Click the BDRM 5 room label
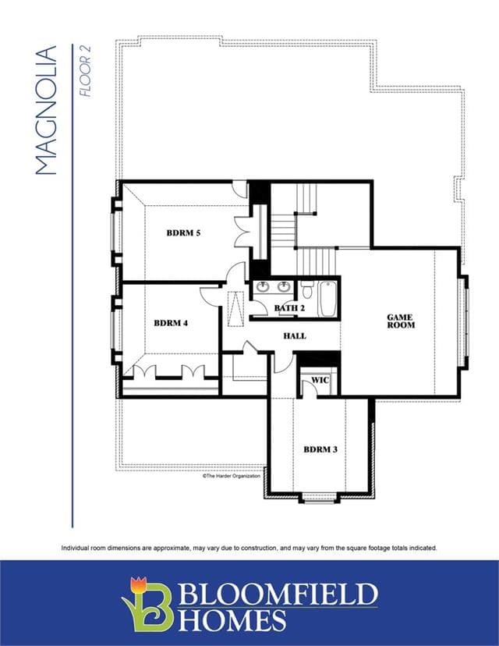pyautogui.click(x=183, y=232)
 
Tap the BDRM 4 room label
pyautogui.click(x=171, y=323)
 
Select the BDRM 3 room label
pyautogui.click(x=320, y=449)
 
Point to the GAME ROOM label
pyautogui.click(x=401, y=321)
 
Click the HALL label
pyautogui.click(x=295, y=336)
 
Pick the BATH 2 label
pyautogui.click(x=289, y=308)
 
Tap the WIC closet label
pyautogui.click(x=320, y=380)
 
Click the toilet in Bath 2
pyautogui.click(x=306, y=290)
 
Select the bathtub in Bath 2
pyautogui.click(x=328, y=299)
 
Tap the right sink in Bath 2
pyautogui.click(x=283, y=286)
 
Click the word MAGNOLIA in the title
pyautogui.click(x=46, y=111)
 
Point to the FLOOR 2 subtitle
pyautogui.click(x=85, y=71)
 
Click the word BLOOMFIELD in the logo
pyautogui.click(x=278, y=594)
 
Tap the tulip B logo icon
pyautogui.click(x=146, y=604)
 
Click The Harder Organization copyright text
pyautogui.click(x=232, y=476)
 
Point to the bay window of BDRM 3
pyautogui.click(x=320, y=498)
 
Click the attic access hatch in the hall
pyautogui.click(x=235, y=309)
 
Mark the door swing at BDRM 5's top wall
pyautogui.click(x=239, y=189)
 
